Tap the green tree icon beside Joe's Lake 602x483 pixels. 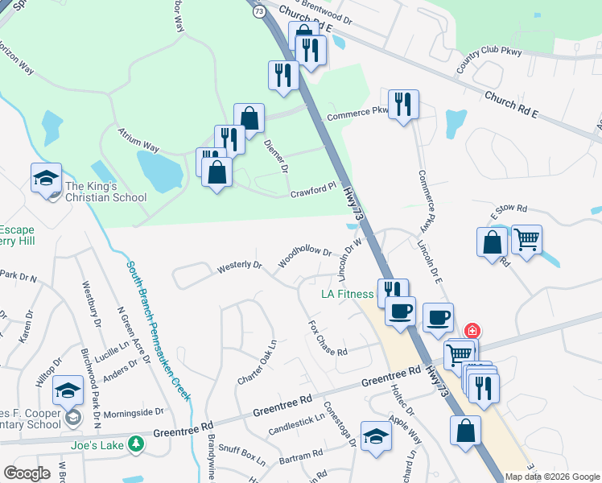coord(137,443)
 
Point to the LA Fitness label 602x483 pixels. coord(348,295)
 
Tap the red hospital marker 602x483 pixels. coord(472,331)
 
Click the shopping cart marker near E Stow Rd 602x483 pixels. coord(526,239)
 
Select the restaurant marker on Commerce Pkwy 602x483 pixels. coord(403,105)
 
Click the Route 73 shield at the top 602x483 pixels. coord(258,11)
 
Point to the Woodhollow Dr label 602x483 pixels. coord(304,258)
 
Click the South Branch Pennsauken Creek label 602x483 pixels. coord(159,330)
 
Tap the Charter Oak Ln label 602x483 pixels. coord(258,361)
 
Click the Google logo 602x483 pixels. coord(27,473)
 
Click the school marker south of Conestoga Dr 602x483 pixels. coord(376,437)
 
